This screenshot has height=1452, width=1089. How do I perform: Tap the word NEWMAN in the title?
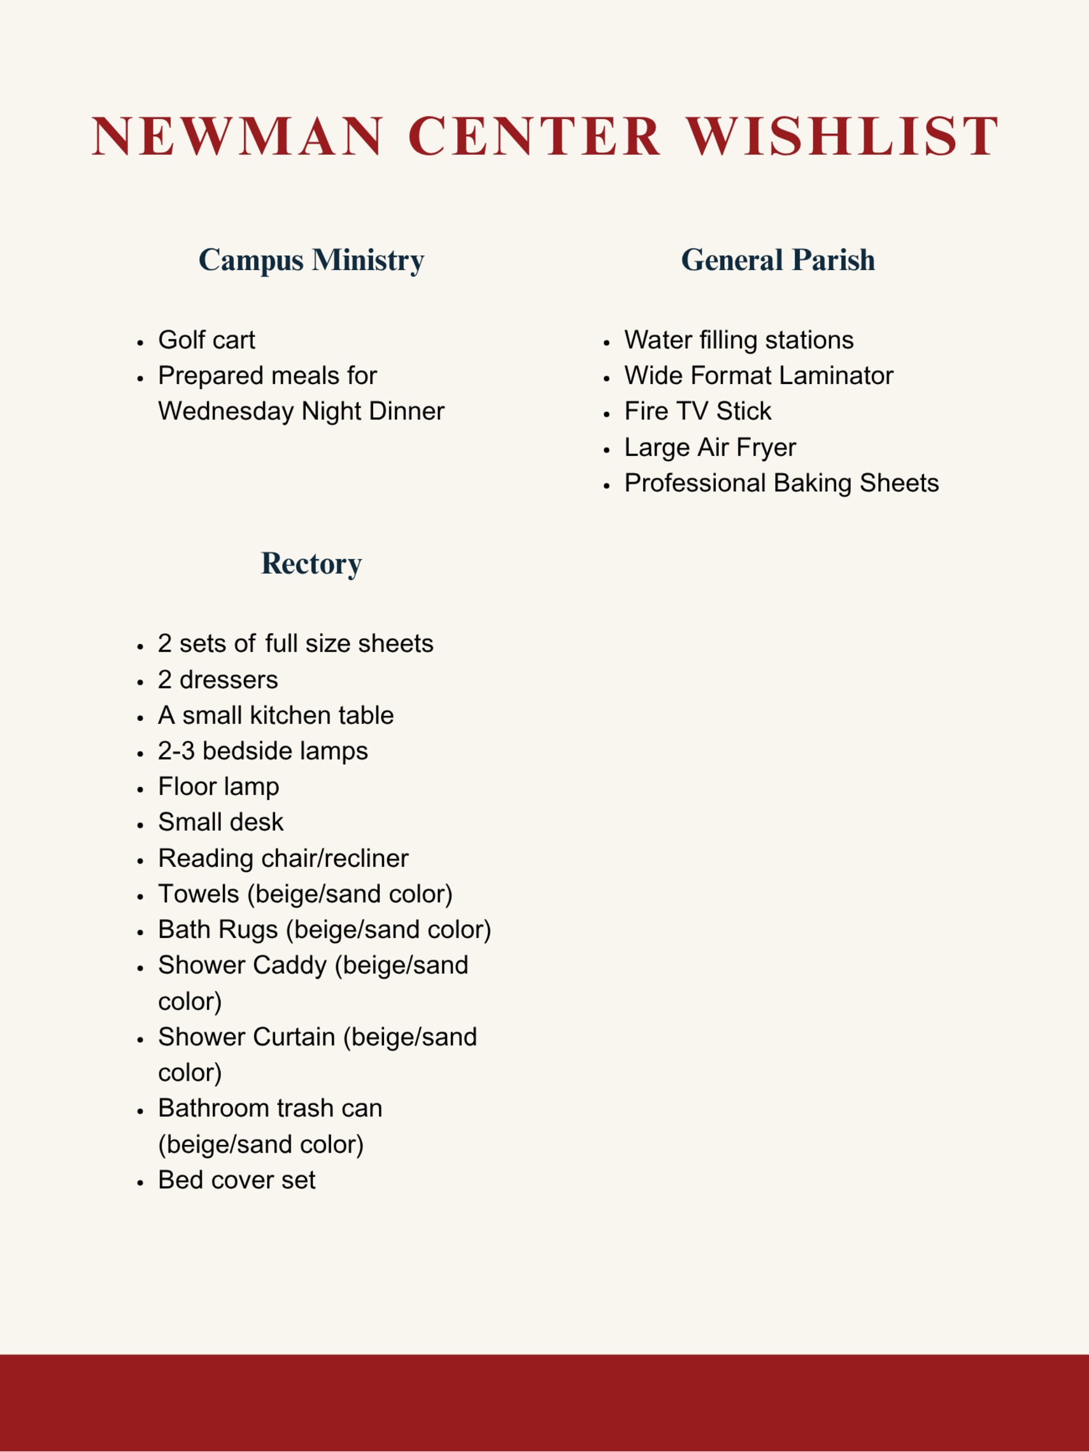click(x=237, y=136)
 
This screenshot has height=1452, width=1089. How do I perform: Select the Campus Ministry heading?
click(x=311, y=260)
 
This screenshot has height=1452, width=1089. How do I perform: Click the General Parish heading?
click(x=778, y=260)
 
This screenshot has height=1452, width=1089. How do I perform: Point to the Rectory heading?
click(x=311, y=564)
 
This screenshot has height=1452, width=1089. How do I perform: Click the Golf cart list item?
click(x=206, y=340)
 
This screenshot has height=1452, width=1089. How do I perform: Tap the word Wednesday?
click(x=226, y=411)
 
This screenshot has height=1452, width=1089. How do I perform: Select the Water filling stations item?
click(x=739, y=340)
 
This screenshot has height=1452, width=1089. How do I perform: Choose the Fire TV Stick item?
click(x=697, y=411)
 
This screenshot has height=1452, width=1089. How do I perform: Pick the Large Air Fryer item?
click(x=709, y=448)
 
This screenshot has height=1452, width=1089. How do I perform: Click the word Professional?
click(x=695, y=483)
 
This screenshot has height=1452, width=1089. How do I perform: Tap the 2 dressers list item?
click(x=217, y=680)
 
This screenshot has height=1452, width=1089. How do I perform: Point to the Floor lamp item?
click(x=218, y=786)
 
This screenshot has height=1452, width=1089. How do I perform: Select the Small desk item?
click(x=220, y=823)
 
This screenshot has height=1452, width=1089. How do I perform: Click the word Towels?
click(x=198, y=894)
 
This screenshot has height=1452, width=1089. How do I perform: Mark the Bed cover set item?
click(x=236, y=1180)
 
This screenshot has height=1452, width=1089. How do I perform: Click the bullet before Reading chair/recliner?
click(x=140, y=860)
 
